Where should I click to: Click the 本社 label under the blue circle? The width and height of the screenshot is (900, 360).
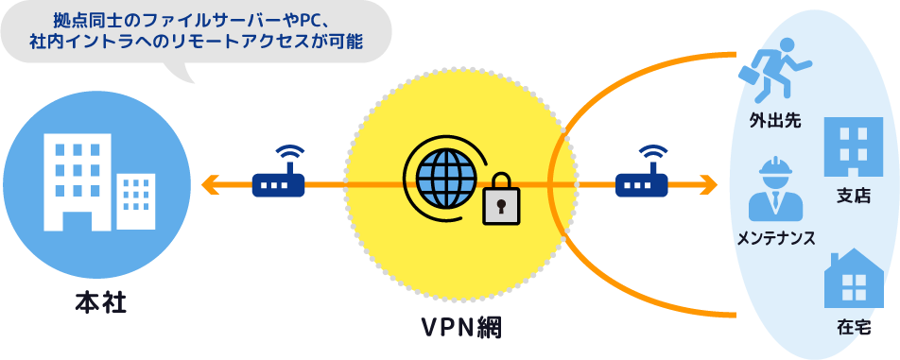point(99,304)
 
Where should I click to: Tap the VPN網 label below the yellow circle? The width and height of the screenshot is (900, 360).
point(461,327)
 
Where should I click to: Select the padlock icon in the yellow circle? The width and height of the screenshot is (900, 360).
point(501,199)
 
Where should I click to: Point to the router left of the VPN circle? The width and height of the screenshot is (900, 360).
point(278,180)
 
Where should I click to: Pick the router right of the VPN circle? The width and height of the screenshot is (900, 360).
point(642,180)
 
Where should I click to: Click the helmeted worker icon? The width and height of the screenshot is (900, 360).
point(775,188)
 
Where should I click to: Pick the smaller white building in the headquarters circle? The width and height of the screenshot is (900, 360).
point(135,200)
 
